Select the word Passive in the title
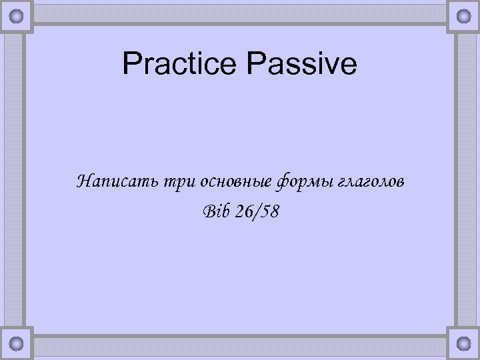pos(302,65)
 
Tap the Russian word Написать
pos(114,181)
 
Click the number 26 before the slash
pos(244,211)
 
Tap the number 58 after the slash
pos(270,211)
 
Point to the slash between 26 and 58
pos(257,211)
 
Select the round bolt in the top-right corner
pos(461,15)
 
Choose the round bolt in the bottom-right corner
pos(461,343)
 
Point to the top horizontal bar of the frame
pos(240,13)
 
